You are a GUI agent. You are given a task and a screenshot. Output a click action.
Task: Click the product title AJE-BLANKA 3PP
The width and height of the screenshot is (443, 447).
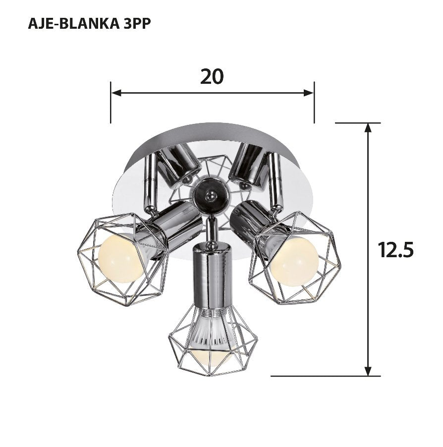point(89,24)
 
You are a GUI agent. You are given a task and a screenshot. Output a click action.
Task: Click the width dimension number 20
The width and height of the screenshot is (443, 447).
point(212,76)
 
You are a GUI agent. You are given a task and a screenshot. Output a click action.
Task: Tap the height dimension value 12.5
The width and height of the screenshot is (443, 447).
point(395,250)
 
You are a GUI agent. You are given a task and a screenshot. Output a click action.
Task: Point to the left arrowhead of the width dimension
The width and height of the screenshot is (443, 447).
point(115,93)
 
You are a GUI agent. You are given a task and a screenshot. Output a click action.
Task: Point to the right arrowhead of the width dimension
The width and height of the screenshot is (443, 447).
point(309,93)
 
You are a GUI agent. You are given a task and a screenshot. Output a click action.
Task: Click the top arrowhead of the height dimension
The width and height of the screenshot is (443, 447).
point(368,127)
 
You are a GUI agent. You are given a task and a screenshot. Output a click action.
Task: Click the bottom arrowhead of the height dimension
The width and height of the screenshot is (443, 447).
point(368,371)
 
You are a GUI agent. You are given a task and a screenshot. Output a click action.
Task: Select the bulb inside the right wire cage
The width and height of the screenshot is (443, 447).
point(294,261)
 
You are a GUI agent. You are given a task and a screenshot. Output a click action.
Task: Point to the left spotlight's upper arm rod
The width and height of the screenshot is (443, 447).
point(149,181)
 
